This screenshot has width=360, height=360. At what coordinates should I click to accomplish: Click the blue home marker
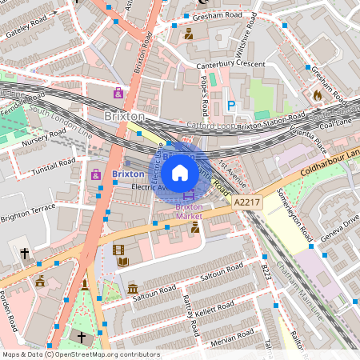coord(180,173)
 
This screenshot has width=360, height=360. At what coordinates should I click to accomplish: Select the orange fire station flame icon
coord(317,95)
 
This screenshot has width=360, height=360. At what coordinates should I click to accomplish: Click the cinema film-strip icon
coord(118,251)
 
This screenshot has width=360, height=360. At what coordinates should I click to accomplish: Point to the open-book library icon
coord(122,262)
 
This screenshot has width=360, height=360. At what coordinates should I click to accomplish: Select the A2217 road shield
coord(248,206)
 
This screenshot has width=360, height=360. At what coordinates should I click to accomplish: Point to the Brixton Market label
coord(190,210)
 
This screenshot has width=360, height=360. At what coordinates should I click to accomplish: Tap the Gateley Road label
coord(27,30)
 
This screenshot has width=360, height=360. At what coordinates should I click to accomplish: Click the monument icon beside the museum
coord(86,286)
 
